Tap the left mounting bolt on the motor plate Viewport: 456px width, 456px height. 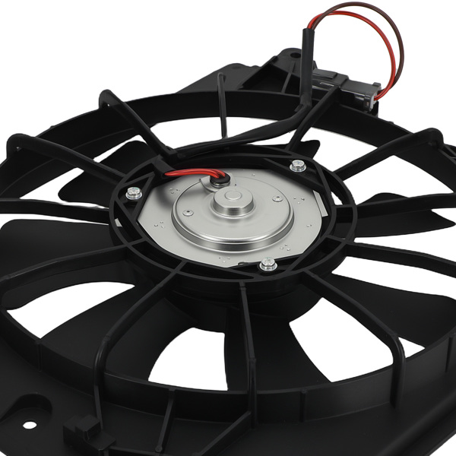134,194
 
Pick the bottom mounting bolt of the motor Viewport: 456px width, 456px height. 268,264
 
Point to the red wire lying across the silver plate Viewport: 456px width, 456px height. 190,176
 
